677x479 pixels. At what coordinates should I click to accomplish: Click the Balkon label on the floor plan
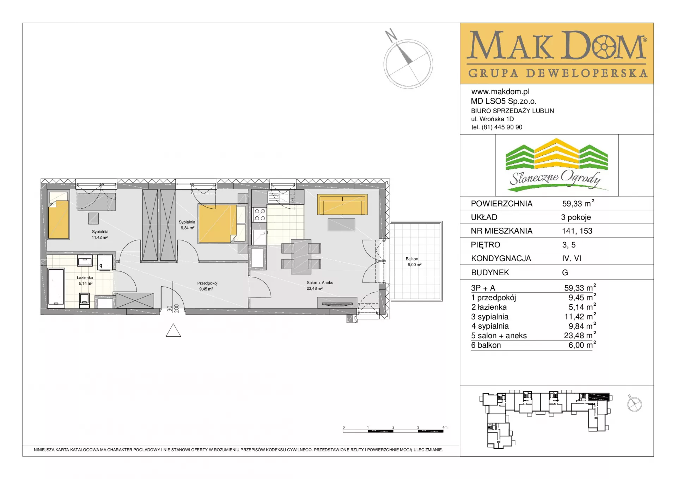412,259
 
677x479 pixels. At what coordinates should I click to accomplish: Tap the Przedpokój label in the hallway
207,283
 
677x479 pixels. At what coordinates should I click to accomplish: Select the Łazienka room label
85,278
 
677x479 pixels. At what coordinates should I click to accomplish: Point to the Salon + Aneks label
320,282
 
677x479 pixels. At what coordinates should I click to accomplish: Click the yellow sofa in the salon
342,204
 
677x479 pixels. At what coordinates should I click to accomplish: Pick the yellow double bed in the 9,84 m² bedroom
217,224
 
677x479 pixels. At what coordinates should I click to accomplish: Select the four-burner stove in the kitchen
260,214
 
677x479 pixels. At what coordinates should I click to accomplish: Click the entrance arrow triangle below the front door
173,331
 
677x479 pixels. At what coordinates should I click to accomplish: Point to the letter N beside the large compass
391,35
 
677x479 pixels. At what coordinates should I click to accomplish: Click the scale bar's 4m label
445,427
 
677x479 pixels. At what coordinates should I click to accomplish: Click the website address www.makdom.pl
500,92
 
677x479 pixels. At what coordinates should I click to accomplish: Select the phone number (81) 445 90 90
502,127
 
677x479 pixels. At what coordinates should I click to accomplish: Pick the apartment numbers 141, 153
577,231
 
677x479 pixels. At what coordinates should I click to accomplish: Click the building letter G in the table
565,273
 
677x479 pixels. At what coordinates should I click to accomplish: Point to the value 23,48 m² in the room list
580,335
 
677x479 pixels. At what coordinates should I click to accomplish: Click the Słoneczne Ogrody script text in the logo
555,178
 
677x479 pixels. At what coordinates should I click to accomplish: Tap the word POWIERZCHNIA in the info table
501,204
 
